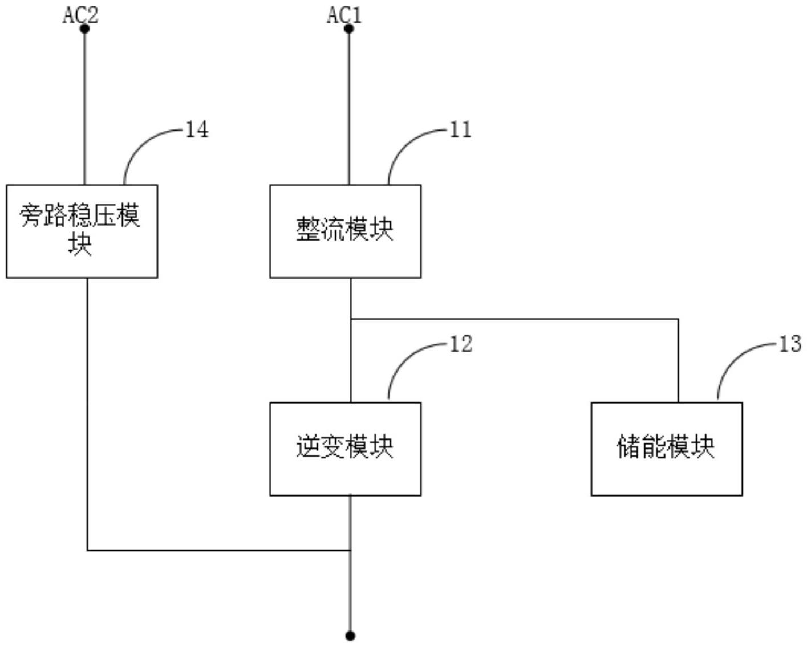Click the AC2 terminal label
[80, 15]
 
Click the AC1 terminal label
[344, 15]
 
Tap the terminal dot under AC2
[85, 29]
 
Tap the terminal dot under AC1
[349, 29]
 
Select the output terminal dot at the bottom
[351, 636]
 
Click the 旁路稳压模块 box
[82, 231]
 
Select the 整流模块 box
[345, 231]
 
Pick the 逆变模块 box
[345, 449]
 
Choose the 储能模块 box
[666, 449]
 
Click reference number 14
[197, 130]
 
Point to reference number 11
[461, 130]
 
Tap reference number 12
[461, 344]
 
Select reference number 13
[790, 344]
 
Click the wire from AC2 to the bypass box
[85, 108]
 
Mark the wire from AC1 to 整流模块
[349, 108]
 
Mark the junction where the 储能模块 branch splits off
[351, 319]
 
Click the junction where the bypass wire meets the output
[351, 550]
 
